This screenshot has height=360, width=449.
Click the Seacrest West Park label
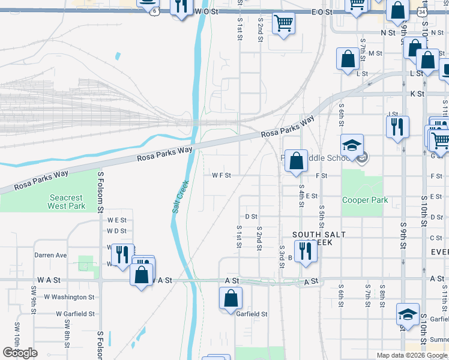click(67, 202)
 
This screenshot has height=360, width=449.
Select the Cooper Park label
click(364, 200)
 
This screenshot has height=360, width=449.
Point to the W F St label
click(221, 175)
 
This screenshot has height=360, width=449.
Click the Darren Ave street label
click(50, 255)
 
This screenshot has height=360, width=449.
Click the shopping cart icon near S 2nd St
click(283, 23)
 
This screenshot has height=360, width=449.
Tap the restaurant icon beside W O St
click(180, 7)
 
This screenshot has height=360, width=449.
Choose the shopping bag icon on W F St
click(296, 161)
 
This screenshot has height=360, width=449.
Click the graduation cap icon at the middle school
click(352, 145)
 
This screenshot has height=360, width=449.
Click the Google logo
click(20, 353)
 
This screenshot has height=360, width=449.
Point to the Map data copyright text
click(412, 355)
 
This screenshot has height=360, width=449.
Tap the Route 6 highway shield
click(155, 11)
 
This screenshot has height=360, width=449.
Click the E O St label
click(322, 11)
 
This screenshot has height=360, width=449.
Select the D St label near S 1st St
click(251, 217)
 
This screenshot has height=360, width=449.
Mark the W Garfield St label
click(75, 314)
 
